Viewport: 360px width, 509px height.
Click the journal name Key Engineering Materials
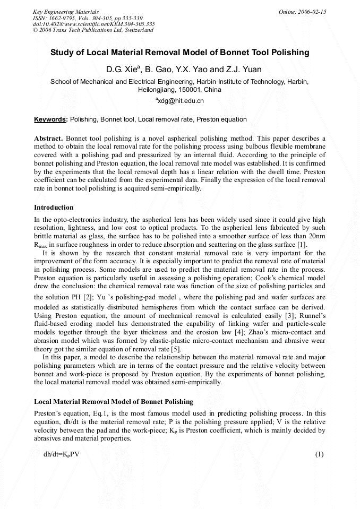pos(65,11)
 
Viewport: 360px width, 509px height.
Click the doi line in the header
pos(93,24)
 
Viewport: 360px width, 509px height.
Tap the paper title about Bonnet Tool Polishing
pos(179,53)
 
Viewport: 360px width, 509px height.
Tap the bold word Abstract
pos(49,138)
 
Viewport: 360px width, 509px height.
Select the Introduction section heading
pos(54,207)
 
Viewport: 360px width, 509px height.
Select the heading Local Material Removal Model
pos(114,401)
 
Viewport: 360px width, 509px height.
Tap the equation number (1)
pos(319,454)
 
